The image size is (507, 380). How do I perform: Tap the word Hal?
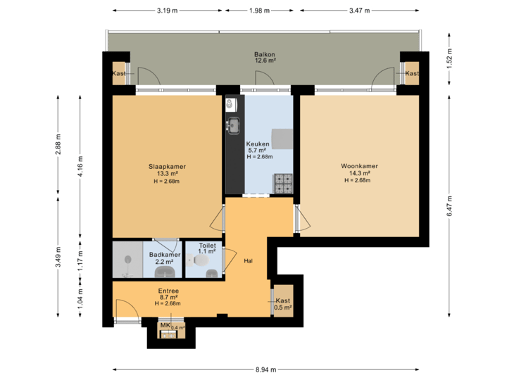tap(249, 260)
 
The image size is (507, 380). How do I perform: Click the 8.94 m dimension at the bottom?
tap(265, 369)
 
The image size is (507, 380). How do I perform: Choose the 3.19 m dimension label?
tap(167, 11)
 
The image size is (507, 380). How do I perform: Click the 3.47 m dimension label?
tap(359, 11)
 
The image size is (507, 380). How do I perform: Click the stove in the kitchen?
tap(283, 183)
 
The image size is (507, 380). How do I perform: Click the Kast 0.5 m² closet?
tap(283, 303)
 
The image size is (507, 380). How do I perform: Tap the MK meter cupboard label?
tap(165, 326)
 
